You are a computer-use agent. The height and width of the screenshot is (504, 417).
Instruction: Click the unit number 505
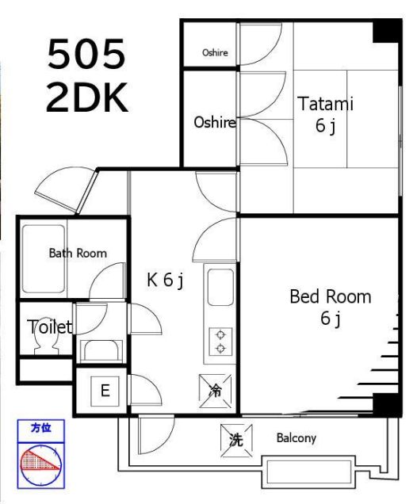point(86,54)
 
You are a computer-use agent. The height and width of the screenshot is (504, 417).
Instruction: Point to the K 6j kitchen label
point(165,280)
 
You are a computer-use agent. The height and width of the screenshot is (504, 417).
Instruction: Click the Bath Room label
point(78,253)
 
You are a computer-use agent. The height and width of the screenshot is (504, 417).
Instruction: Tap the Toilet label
point(49,327)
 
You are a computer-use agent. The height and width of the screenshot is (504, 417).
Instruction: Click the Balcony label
point(296,437)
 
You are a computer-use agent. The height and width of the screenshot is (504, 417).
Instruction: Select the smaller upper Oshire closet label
point(215,52)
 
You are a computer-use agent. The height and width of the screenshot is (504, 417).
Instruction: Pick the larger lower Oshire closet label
point(215,122)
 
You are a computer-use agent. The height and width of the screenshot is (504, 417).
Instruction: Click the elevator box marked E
point(105,391)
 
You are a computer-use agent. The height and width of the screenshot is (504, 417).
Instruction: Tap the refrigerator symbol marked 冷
point(215,391)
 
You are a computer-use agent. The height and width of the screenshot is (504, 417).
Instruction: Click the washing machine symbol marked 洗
point(236,440)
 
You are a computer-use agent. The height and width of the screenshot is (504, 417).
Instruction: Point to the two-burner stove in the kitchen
point(220,342)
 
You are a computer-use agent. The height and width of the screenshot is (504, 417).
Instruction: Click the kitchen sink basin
point(220,288)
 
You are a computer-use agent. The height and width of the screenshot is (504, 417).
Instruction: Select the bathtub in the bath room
point(44,259)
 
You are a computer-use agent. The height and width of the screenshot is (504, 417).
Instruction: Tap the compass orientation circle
point(41,465)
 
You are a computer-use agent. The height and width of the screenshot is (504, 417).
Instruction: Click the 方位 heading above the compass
point(41,428)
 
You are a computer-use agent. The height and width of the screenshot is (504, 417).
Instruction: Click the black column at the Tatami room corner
point(386,31)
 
